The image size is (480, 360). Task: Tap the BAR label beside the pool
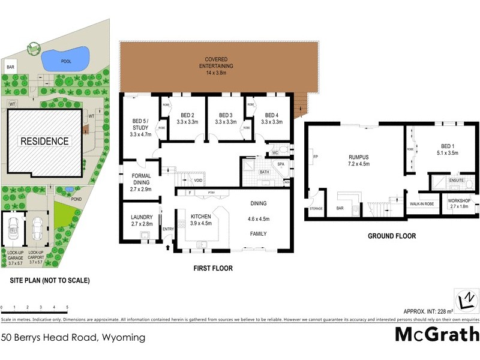coord(11,67)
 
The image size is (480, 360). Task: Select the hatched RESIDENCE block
coord(45,142)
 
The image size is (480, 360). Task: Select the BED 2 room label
coord(188,118)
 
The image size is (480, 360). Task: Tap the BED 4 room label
coord(272,118)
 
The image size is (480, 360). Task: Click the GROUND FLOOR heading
coord(392,236)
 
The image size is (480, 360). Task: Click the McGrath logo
coord(436,334)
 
